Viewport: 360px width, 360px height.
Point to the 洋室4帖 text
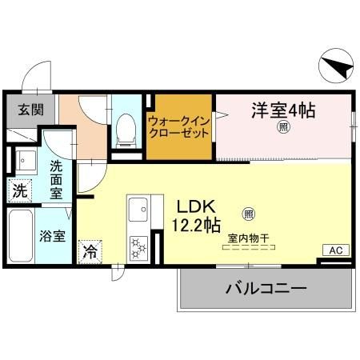coord(283,109)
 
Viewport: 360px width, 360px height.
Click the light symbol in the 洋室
coord(283,127)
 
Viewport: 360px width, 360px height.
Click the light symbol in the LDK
coord(248,214)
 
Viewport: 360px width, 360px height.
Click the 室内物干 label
coord(247,238)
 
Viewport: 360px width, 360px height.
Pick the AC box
coord(334,251)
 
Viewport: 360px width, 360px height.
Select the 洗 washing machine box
coord(18,192)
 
